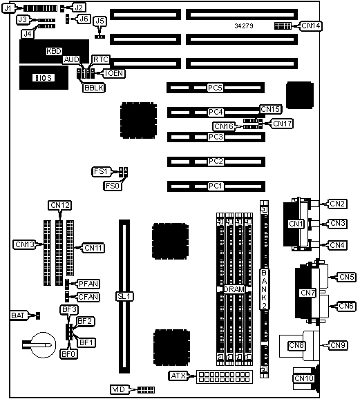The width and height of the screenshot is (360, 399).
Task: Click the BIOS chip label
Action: click(44, 77)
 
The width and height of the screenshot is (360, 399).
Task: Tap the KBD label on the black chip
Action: click(54, 51)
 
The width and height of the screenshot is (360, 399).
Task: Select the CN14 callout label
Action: click(311, 26)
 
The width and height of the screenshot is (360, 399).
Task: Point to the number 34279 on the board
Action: click(244, 26)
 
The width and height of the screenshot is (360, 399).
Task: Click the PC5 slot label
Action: click(216, 88)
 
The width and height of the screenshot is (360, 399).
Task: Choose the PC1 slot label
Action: click(216, 186)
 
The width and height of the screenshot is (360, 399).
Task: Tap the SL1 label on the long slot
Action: click(124, 296)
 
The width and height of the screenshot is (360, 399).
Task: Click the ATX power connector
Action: click(224, 377)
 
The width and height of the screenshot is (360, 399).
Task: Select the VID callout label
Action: click(119, 389)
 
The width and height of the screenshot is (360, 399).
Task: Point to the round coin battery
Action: click(44, 344)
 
